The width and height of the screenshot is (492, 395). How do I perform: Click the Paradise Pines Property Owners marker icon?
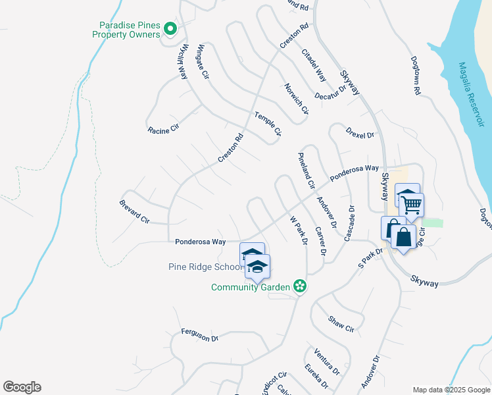pyautogui.click(x=170, y=28)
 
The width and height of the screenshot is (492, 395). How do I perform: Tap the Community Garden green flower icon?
pyautogui.click(x=299, y=286)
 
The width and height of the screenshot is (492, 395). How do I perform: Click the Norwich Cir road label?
pyautogui.click(x=296, y=98)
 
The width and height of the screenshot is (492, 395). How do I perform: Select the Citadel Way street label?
pyautogui.click(x=314, y=65)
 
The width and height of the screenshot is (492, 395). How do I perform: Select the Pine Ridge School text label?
pyautogui.click(x=206, y=267)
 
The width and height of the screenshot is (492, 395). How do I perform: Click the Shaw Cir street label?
pyautogui.click(x=341, y=323)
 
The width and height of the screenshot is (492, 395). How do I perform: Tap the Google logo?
pyautogui.click(x=22, y=387)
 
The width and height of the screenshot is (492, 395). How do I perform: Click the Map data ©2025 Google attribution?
pyautogui.click(x=451, y=390)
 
